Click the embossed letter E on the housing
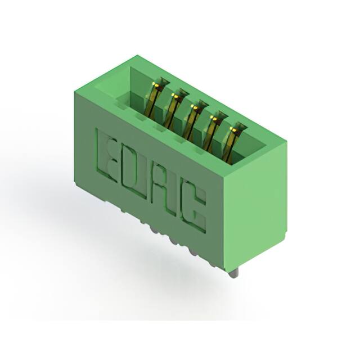pyautogui.click(x=107, y=156)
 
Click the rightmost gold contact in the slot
pyautogui.click(x=231, y=143)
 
